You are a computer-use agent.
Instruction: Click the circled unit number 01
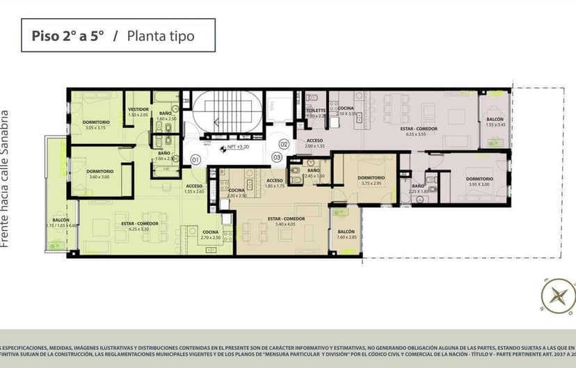click(x=195, y=160)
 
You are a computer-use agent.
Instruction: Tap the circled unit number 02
click(x=284, y=144)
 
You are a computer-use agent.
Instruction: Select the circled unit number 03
click(x=276, y=158)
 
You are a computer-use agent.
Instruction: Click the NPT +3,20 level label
click(x=238, y=147)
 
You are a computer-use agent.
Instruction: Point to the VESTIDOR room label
click(x=138, y=111)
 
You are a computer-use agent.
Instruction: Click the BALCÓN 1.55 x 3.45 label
click(x=495, y=121)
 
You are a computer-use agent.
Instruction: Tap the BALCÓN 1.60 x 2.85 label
click(x=346, y=234)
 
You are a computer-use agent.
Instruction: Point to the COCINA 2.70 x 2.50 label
click(x=210, y=234)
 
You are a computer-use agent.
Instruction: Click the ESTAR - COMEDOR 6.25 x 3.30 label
click(x=139, y=225)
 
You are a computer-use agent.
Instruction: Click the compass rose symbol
click(x=558, y=294)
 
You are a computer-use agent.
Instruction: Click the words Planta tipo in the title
click(x=160, y=35)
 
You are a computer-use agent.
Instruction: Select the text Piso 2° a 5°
click(x=67, y=35)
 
